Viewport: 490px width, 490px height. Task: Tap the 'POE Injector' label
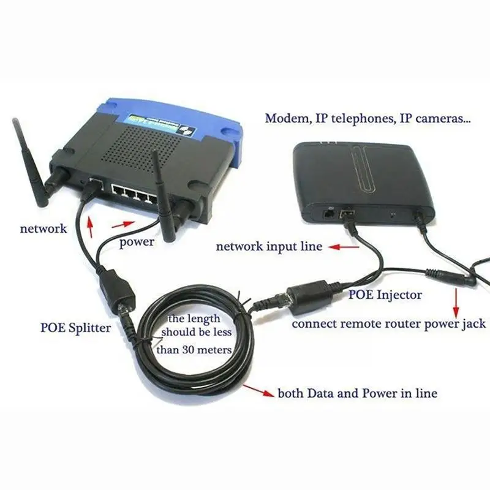click(x=385, y=295)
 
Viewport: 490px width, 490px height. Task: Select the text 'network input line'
click(x=268, y=247)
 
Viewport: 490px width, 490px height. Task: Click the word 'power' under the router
click(x=137, y=242)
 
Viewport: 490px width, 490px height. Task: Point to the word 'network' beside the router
click(x=43, y=229)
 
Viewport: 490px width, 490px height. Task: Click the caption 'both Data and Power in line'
click(x=358, y=393)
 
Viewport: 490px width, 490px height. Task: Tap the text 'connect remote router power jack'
click(x=388, y=323)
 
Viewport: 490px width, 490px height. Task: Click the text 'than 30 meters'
click(x=194, y=350)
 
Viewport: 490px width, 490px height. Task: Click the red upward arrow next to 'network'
click(x=91, y=228)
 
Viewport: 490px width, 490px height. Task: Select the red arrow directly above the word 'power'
click(x=123, y=224)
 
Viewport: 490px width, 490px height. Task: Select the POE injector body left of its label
click(x=309, y=293)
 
